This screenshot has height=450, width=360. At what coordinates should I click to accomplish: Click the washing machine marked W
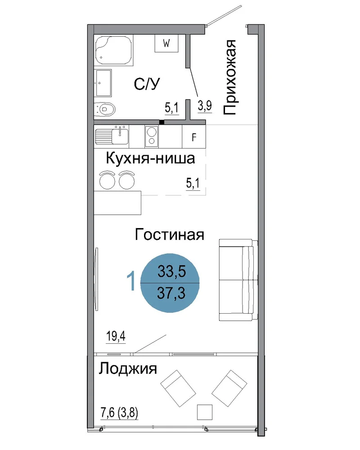[166, 43]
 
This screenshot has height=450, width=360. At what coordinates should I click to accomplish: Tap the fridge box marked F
[194, 137]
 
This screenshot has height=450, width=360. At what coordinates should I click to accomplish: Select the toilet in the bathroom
[105, 109]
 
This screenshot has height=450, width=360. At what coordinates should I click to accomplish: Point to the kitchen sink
[112, 136]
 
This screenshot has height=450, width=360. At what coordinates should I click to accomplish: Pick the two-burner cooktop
[152, 136]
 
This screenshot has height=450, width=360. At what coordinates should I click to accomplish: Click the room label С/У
[147, 84]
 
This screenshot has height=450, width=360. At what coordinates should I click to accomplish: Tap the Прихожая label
[229, 77]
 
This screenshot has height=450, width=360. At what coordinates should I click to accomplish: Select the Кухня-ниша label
[150, 158]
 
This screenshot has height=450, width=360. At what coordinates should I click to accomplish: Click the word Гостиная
[169, 234]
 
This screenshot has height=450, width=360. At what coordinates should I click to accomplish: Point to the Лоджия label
[128, 369]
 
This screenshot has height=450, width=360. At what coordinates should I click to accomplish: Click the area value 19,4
[116, 336]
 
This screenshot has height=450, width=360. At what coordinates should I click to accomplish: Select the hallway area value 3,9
[205, 106]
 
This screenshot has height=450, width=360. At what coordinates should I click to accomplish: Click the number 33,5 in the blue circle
[171, 271]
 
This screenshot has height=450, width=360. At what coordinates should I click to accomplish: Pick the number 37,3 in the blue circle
[171, 293]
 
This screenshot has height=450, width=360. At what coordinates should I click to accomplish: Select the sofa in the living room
[238, 280]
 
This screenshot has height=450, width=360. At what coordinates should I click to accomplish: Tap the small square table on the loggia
[205, 412]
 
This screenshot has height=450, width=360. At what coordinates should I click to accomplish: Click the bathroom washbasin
[103, 83]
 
